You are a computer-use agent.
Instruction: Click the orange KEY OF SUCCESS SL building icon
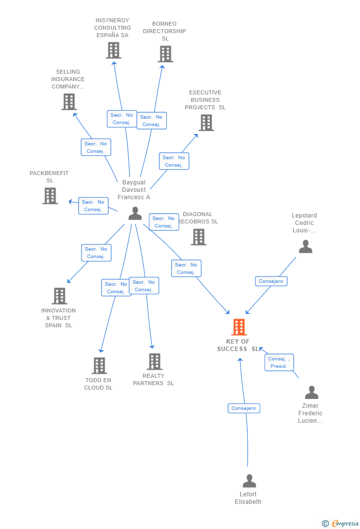(239, 327)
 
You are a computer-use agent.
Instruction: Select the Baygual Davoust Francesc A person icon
(135, 214)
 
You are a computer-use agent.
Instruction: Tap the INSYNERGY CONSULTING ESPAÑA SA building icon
(113, 50)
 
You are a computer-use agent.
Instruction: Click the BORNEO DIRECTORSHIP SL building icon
(165, 54)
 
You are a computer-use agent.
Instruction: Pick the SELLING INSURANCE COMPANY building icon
(69, 102)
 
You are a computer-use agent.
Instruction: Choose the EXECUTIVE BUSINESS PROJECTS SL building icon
(206, 123)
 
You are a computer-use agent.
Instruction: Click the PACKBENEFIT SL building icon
(50, 196)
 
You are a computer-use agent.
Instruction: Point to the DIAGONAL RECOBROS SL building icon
(198, 237)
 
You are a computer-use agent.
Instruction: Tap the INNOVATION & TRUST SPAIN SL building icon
(59, 296)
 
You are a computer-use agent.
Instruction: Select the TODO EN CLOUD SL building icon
(99, 366)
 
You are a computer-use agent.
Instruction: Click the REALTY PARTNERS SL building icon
(154, 361)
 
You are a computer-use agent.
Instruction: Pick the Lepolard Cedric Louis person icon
(306, 246)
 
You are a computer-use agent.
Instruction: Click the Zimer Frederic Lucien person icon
(312, 393)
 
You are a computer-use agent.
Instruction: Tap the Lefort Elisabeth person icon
(249, 481)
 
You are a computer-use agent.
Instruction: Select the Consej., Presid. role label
(279, 362)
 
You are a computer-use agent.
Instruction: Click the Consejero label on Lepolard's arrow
(271, 281)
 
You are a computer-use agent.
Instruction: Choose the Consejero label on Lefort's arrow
(244, 408)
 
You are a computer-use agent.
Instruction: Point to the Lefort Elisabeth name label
(248, 498)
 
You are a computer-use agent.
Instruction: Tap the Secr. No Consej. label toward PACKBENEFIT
(93, 206)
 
